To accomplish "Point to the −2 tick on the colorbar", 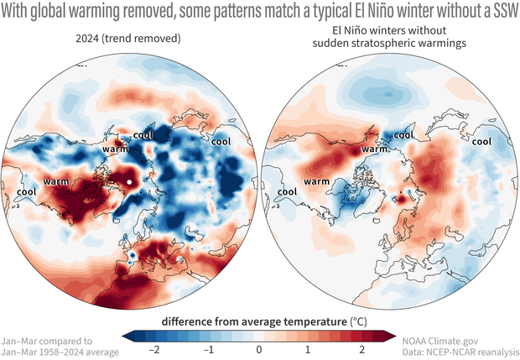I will [151, 348].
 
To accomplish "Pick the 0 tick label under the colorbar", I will [260, 348].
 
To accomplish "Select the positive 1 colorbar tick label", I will [309, 348].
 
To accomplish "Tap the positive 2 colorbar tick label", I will [361, 348].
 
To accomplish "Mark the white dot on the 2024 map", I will [129, 180].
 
